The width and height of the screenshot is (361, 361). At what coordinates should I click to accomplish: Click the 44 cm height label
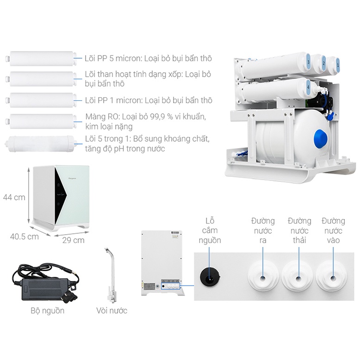pos(14,198)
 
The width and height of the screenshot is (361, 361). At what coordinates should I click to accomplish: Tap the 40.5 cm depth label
pos(24,237)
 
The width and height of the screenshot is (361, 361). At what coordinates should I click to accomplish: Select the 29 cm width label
pos(73,240)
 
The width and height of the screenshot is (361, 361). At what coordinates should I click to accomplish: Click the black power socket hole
pos(209,277)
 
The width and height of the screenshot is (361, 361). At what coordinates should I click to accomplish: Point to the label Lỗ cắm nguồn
pos(210,230)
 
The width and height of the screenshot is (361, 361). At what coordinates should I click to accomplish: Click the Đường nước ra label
pos(263,230)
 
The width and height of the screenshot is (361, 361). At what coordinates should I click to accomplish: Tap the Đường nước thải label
pos(299,230)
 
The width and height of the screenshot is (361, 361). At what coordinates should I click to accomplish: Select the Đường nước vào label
pos(333,230)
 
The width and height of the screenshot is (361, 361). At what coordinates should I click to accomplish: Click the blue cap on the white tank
pos(321,138)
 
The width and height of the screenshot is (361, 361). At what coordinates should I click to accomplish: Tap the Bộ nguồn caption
pos(47,311)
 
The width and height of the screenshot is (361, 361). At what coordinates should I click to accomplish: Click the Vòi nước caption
pos(112,311)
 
